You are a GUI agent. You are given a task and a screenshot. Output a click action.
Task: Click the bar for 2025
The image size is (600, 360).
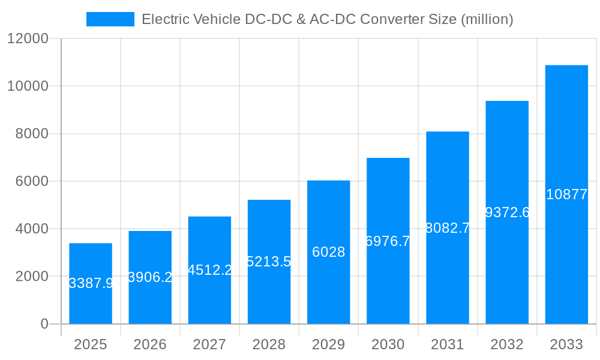91,283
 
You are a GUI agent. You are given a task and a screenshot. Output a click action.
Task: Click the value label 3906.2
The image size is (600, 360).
150,277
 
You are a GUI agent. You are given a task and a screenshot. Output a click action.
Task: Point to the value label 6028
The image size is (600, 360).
328,253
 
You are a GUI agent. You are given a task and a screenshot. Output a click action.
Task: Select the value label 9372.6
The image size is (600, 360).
507,212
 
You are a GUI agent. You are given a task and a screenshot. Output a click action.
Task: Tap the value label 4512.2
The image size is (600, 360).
209,270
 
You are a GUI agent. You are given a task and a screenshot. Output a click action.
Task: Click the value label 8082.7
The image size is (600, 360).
448,228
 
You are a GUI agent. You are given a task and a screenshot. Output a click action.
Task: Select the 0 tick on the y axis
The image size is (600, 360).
44,324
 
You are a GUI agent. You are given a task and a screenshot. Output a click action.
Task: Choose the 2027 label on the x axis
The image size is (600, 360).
209,344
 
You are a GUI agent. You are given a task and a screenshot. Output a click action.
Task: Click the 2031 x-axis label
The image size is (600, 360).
448,344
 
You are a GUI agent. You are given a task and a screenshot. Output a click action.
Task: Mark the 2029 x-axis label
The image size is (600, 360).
328,344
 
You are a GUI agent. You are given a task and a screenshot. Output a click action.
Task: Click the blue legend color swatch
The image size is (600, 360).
110,19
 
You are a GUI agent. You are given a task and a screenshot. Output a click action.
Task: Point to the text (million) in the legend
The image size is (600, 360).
487,19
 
